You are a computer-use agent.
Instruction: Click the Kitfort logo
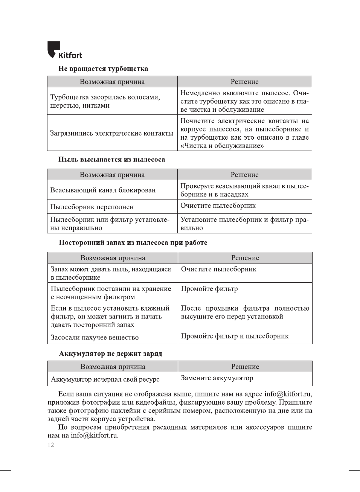click(64, 50)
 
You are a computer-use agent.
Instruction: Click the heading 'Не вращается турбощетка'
click(103, 69)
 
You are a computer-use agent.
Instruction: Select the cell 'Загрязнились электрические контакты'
click(112, 133)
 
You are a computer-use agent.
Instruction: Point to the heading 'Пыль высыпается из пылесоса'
click(111, 159)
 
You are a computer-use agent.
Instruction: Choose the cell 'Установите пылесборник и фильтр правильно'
click(244, 224)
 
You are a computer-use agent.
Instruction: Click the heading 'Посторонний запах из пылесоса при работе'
click(133, 242)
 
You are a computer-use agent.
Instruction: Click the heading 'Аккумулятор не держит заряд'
click(110, 353)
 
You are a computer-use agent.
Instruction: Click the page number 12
click(51, 445)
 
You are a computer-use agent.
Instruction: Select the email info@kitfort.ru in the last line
click(95, 436)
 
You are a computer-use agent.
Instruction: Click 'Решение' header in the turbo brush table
click(244, 82)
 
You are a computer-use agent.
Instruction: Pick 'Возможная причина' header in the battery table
click(113, 367)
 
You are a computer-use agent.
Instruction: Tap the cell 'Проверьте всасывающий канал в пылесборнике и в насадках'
click(244, 190)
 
